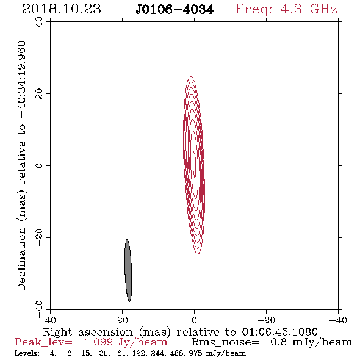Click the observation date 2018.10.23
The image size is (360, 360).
pos(62,9)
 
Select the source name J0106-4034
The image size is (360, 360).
pos(175,10)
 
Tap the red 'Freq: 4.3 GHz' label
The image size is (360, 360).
pos(286,10)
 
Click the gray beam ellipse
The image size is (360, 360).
pos(128,270)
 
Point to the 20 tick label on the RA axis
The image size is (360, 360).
pos(123,320)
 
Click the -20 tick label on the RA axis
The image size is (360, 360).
pos(266,320)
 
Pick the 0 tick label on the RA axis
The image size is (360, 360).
pos(195,320)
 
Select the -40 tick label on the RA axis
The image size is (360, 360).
pos(338,320)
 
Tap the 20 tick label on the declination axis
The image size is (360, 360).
pos(39,94)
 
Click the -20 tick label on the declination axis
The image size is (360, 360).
pos(39,237)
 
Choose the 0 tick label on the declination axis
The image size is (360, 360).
pos(39,165)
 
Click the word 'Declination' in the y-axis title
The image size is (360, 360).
pos(21,259)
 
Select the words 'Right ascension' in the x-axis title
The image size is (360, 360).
pos(88,332)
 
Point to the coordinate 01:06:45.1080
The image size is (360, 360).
pos(279,332)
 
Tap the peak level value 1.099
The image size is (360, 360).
pos(98,342)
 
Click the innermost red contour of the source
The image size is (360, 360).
pos(194,165)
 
